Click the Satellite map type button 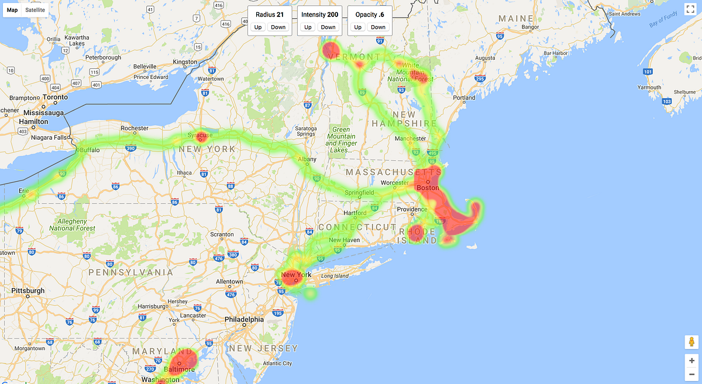(35, 10)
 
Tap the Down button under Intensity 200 (328, 27)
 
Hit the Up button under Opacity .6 (357, 27)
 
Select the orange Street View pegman (691, 343)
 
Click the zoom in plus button (691, 361)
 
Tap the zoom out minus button (691, 374)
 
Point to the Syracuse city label (201, 135)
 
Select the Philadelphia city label (245, 320)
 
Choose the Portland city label (464, 98)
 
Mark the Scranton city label (222, 234)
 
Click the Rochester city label (135, 128)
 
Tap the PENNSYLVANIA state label (131, 272)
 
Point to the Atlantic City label (278, 364)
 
